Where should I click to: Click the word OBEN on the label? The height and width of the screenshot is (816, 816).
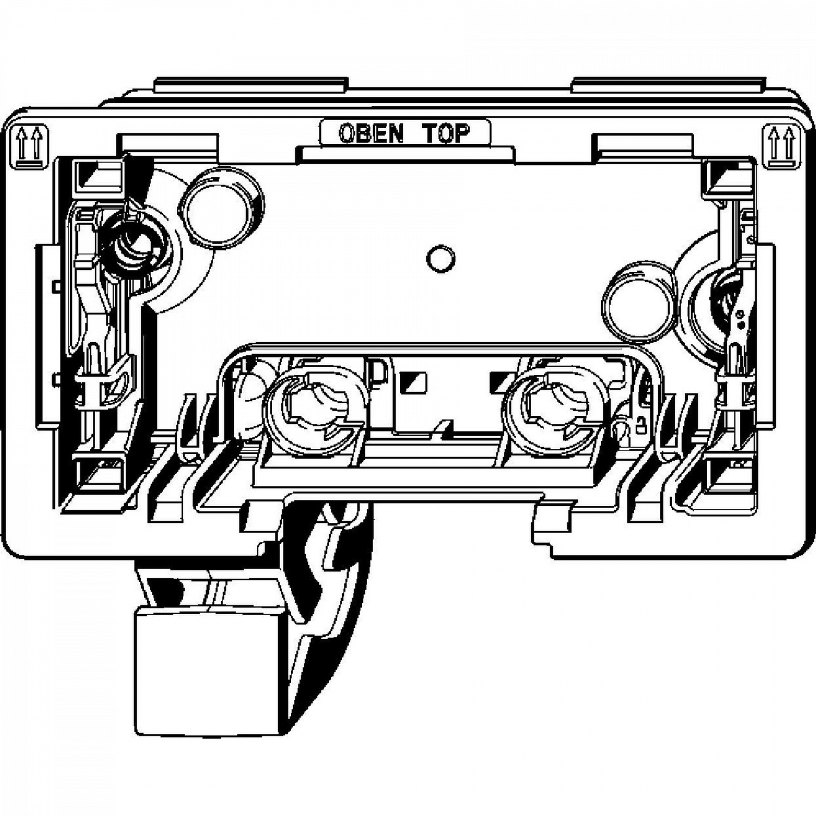(x=371, y=133)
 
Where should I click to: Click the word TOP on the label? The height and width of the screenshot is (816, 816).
(x=446, y=133)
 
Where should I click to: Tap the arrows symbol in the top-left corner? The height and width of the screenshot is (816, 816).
(x=29, y=146)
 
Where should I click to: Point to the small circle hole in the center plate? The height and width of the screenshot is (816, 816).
(x=440, y=259)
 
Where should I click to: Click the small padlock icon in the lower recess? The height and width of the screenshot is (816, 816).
(x=641, y=424)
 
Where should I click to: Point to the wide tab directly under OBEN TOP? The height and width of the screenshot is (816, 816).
(x=405, y=153)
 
